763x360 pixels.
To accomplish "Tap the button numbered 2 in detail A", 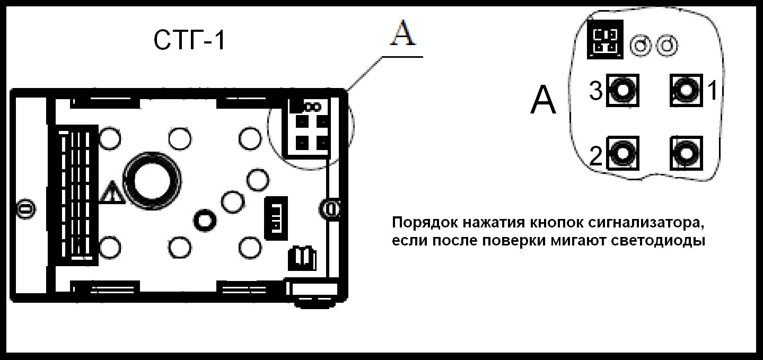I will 624,153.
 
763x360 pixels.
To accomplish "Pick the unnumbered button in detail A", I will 686,153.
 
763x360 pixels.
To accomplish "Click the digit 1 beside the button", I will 712,91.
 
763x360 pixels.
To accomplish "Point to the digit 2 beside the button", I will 597,156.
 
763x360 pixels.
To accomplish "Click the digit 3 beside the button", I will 596,92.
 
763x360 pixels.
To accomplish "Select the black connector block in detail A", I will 605,41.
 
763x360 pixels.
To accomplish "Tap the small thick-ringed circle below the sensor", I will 205,219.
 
